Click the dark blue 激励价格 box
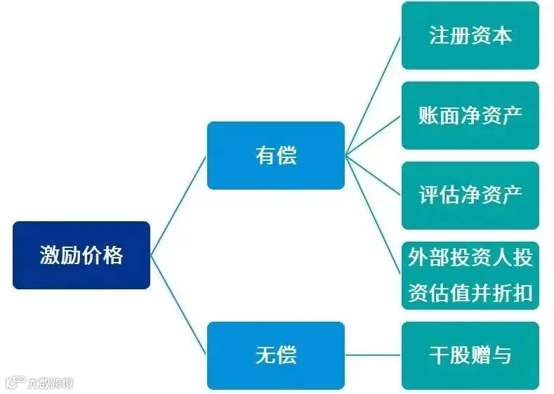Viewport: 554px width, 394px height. click(x=81, y=255)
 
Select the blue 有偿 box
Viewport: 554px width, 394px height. click(x=275, y=155)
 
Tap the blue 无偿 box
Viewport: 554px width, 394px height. click(x=275, y=355)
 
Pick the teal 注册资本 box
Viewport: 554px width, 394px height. click(x=470, y=35)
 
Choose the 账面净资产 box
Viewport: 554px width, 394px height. click(x=470, y=116)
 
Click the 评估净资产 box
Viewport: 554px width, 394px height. click(x=470, y=195)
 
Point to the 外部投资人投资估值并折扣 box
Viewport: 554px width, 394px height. click(x=470, y=275)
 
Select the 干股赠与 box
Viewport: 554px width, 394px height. click(x=470, y=355)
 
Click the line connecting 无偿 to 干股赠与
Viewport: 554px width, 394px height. click(x=373, y=355)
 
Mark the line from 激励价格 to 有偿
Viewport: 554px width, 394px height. click(x=178, y=205)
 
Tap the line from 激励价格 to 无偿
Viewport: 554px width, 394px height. click(x=178, y=305)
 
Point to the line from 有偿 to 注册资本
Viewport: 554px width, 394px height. click(x=373, y=96)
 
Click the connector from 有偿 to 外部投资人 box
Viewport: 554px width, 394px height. click(x=373, y=216)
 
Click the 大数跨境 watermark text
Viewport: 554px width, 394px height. click(x=51, y=383)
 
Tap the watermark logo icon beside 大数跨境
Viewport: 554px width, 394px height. click(x=15, y=382)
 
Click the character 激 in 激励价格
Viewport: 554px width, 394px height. click(x=50, y=255)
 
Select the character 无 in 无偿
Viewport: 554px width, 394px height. click(x=265, y=355)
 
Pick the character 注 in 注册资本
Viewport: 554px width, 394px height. click(x=439, y=35)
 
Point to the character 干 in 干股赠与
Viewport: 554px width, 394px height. click(x=439, y=355)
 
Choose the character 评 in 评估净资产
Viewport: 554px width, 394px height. click(x=429, y=195)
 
